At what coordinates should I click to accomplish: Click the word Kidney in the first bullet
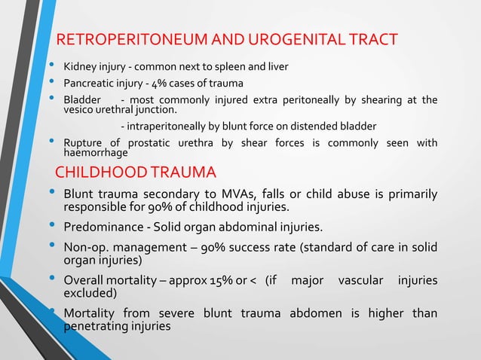tap(79, 66)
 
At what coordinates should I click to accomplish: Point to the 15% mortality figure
tap(222, 281)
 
